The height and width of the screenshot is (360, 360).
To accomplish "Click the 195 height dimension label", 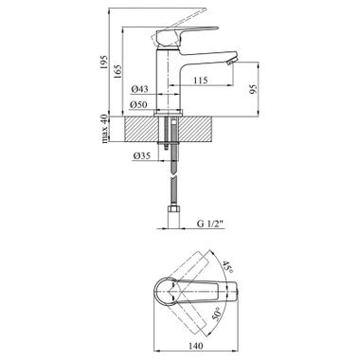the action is point(104,63).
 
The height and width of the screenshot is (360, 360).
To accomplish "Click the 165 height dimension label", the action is point(117,72).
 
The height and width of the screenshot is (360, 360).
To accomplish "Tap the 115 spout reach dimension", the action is point(201,81).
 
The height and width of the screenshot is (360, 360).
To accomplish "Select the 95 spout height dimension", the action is point(253,89).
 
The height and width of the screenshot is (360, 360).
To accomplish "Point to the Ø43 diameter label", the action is point(139,89).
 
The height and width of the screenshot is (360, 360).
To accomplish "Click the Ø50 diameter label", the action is point(139,104).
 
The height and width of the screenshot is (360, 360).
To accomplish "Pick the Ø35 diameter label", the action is point(142,155).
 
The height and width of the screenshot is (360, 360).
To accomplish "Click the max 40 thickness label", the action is point(104,129).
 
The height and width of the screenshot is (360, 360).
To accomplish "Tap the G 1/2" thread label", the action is point(209,224).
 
